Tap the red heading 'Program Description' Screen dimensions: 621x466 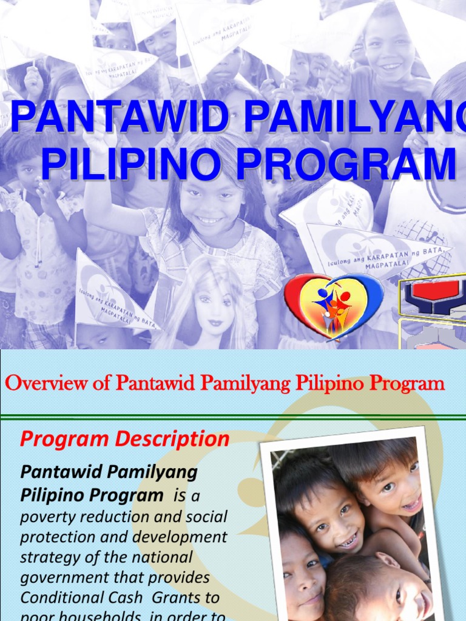[x=124, y=439]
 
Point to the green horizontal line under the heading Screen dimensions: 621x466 [x=233, y=417]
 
